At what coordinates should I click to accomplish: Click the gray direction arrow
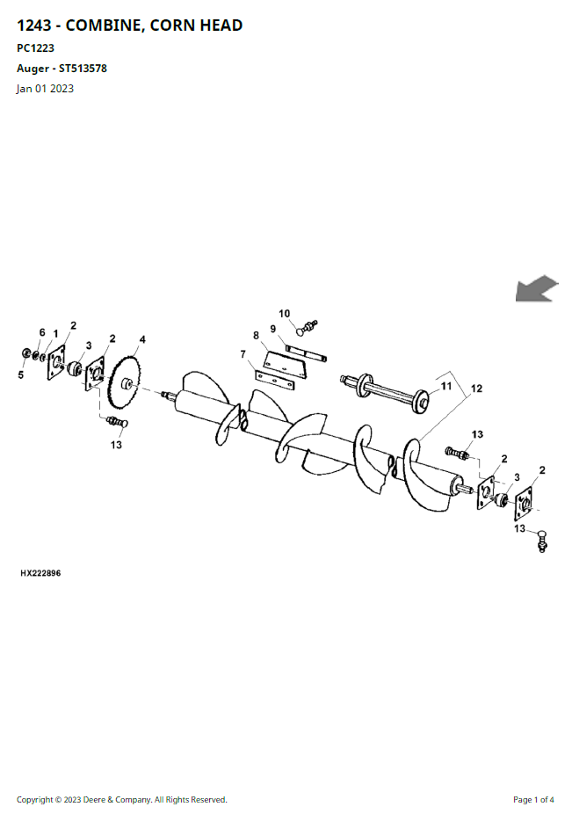coord(536,288)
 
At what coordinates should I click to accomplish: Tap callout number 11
coord(446,386)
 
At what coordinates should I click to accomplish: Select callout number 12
coord(476,389)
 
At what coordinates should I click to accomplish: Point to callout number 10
coord(285,314)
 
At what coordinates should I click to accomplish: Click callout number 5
coord(21,374)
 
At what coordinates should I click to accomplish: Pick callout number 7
coord(243,354)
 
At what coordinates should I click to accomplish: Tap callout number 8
coord(256,336)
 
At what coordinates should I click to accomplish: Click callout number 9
coord(273,329)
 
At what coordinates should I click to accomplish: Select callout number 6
coord(42,332)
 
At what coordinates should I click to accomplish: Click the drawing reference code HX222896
coord(40,573)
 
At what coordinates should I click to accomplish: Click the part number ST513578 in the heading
coord(83,68)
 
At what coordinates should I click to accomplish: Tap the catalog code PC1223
coord(35,47)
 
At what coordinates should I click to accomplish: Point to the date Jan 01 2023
coord(45,88)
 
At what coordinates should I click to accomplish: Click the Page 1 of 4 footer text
coord(533,799)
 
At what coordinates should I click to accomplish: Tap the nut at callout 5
coord(25,353)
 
